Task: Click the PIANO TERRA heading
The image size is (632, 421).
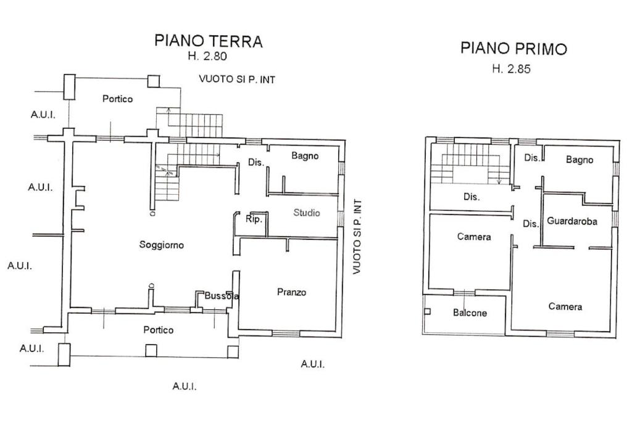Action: pos(208,41)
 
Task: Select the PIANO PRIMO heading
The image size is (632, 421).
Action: pos(513,49)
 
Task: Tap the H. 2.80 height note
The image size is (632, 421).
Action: pos(208,57)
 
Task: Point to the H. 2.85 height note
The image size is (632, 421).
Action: pos(511,69)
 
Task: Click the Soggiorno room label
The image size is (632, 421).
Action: pos(162,245)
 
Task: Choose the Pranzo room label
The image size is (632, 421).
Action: pos(291,292)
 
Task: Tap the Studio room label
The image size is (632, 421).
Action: pos(307,213)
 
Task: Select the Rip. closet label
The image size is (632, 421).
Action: pos(254,219)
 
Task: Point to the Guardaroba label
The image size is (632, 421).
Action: pos(572,221)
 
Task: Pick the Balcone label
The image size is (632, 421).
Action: pos(470,313)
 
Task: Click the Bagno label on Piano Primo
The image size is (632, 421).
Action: pos(580,160)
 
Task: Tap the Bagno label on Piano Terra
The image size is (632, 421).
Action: pos(305,156)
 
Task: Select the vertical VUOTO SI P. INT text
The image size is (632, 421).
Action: pos(356,237)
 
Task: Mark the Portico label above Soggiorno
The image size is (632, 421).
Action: pos(117,99)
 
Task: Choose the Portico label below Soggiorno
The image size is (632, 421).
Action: pos(159,330)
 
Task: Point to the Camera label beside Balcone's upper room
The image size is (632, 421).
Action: pos(474,237)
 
